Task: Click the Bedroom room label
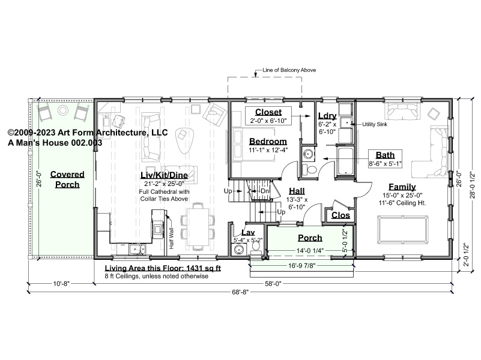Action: pyautogui.click(x=268, y=142)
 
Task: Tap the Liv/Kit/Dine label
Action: pyautogui.click(x=164, y=175)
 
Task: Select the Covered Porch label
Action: pyautogui.click(x=67, y=179)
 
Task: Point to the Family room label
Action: pyautogui.click(x=402, y=187)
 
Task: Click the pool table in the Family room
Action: pyautogui.click(x=403, y=229)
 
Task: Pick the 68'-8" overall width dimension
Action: pyautogui.click(x=240, y=292)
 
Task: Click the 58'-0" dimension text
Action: pyautogui.click(x=273, y=284)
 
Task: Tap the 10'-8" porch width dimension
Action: pyautogui.click(x=61, y=284)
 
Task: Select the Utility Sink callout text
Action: pyautogui.click(x=375, y=124)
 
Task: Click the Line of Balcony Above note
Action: pyautogui.click(x=289, y=70)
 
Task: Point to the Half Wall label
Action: pyautogui.click(x=171, y=238)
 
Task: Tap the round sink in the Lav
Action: pyautogui.click(x=238, y=250)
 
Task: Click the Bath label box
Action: pyautogui.click(x=385, y=159)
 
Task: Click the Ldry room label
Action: pyautogui.click(x=327, y=116)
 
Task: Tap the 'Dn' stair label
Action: pyautogui.click(x=265, y=191)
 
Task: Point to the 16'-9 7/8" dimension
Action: pyautogui.click(x=302, y=265)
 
